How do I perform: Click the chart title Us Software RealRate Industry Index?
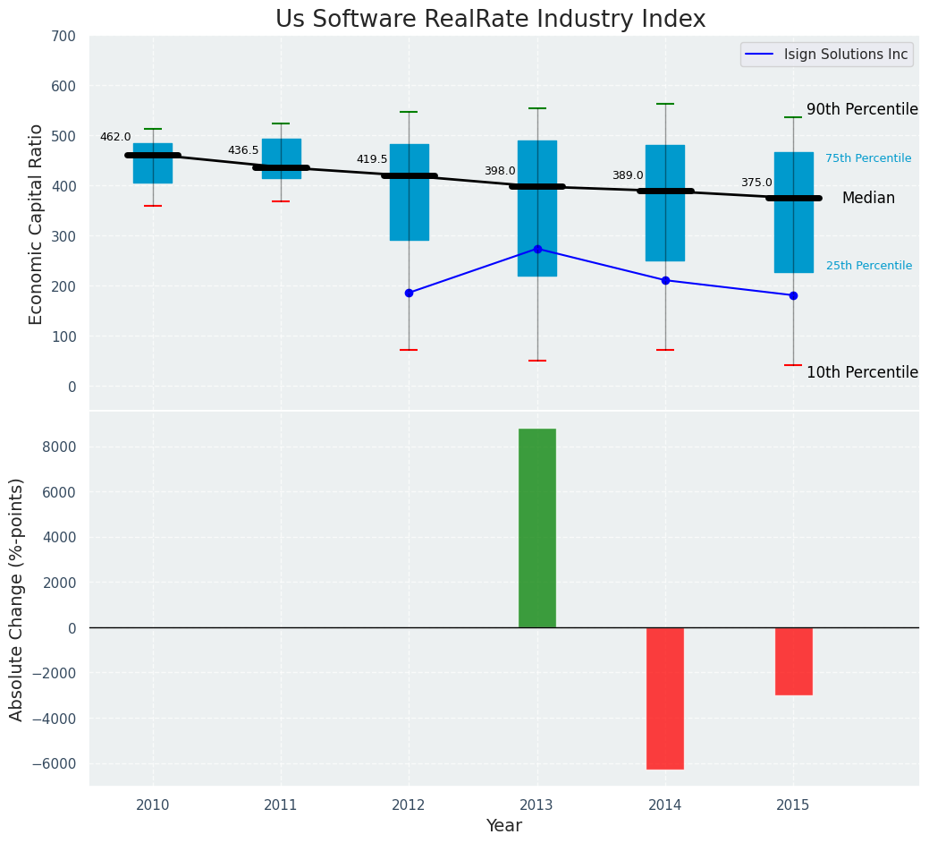pyautogui.click(x=490, y=20)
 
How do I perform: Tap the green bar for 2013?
pyautogui.click(x=536, y=528)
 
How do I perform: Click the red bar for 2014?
pyautogui.click(x=665, y=698)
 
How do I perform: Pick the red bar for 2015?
pyautogui.click(x=793, y=660)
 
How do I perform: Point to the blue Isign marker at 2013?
pyautogui.click(x=537, y=249)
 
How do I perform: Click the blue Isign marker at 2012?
pyautogui.click(x=409, y=293)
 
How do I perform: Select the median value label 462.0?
pyautogui.click(x=115, y=137)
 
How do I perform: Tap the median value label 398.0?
pyautogui.click(x=500, y=171)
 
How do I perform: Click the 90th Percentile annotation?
pyautogui.click(x=862, y=109)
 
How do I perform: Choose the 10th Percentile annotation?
pyautogui.click(x=862, y=372)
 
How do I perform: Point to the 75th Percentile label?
pyautogui.click(x=867, y=158)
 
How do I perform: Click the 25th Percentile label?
pyautogui.click(x=868, y=266)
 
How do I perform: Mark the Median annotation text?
pyautogui.click(x=867, y=199)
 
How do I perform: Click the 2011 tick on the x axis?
pyautogui.click(x=281, y=805)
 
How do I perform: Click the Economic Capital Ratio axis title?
pyautogui.click(x=37, y=224)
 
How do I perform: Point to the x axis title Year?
pyautogui.click(x=503, y=826)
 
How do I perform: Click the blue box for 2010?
pyautogui.click(x=153, y=163)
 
